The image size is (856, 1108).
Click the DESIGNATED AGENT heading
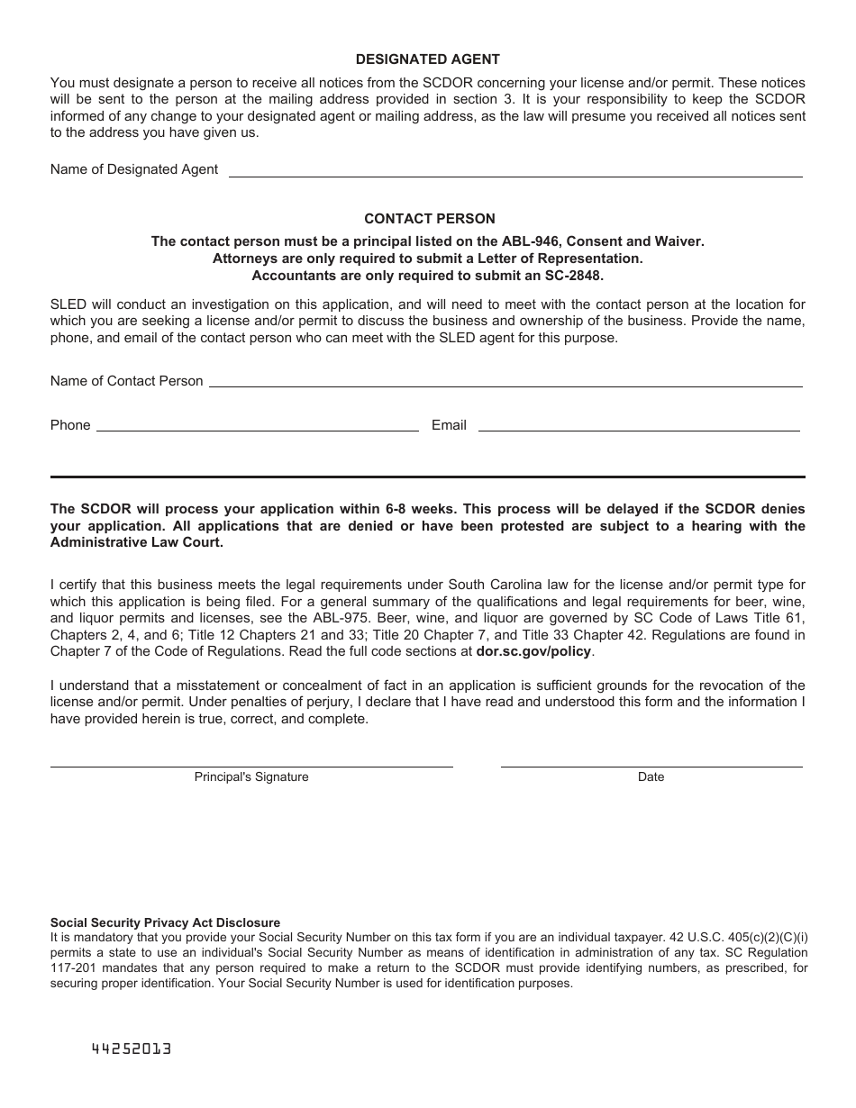(428, 59)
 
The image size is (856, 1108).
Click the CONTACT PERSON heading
(429, 219)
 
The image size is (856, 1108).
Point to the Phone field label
(70, 425)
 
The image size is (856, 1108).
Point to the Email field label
(449, 425)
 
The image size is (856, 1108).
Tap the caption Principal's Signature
(251, 777)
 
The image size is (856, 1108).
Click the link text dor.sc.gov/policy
(534, 651)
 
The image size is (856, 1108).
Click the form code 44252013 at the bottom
(132, 1049)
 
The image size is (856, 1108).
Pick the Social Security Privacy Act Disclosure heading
(165, 922)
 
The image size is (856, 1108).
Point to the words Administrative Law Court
(136, 542)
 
